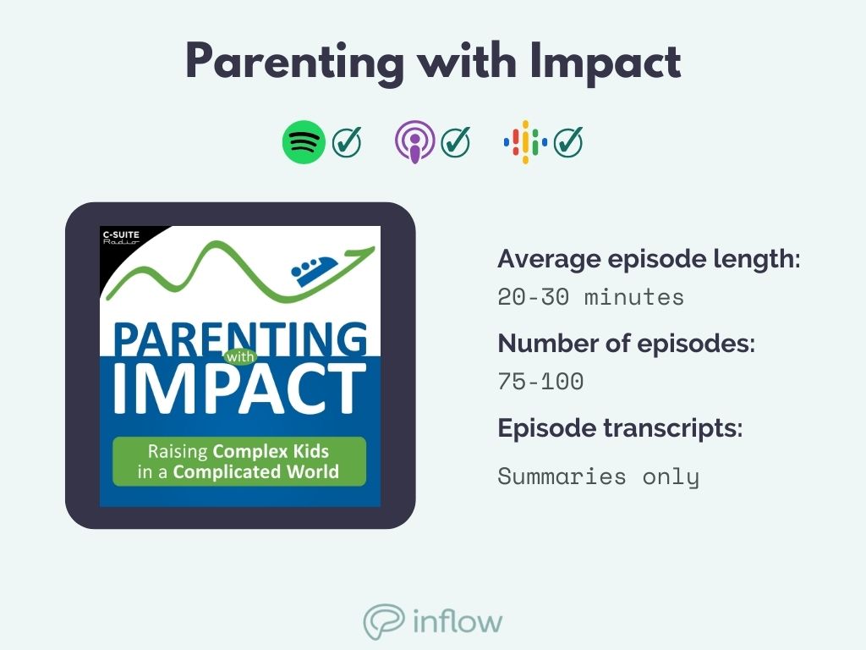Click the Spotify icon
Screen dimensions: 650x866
coord(303,142)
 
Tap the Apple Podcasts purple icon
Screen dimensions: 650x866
coord(414,142)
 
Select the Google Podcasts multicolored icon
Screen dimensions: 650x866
coord(525,142)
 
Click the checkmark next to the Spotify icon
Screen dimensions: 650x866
coord(347,142)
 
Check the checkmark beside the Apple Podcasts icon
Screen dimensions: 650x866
coord(457,142)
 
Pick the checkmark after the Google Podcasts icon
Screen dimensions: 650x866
coord(569,142)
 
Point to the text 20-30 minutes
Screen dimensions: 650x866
coord(590,298)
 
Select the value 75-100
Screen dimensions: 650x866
coord(540,382)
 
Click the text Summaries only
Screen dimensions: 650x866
coord(598,476)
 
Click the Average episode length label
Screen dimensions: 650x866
coord(649,259)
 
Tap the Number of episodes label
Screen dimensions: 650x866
coord(626,344)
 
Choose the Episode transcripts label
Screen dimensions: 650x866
coord(620,428)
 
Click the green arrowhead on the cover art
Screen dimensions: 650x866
coord(364,250)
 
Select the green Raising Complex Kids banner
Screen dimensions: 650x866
coord(239,461)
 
